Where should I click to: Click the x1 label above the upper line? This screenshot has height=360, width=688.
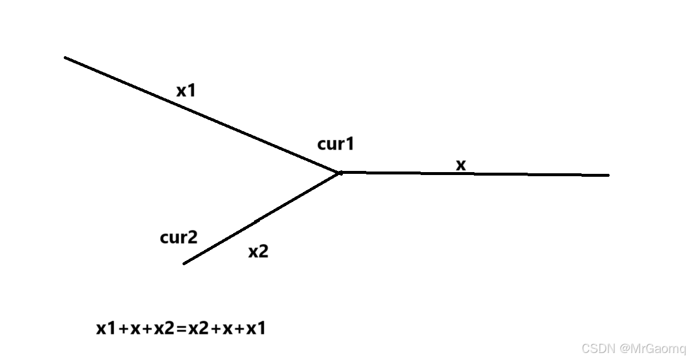click(186, 91)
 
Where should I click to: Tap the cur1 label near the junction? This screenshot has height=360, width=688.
click(336, 144)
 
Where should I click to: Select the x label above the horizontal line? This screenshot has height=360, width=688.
click(461, 166)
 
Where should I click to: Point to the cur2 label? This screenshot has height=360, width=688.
click(178, 238)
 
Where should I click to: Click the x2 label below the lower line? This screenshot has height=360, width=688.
click(258, 252)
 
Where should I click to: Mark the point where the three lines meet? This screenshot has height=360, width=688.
click(340, 173)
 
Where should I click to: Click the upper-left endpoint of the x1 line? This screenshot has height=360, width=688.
click(66, 57)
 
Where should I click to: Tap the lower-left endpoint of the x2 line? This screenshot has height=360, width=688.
click(184, 263)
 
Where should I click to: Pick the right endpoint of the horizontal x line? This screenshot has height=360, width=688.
click(608, 175)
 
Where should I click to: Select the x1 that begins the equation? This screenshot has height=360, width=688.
click(106, 329)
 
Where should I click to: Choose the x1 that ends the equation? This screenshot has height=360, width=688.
click(256, 329)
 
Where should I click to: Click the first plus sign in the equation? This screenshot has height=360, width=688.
click(123, 330)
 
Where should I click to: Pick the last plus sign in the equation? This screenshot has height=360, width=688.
click(239, 330)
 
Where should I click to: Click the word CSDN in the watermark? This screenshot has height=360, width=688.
click(597, 349)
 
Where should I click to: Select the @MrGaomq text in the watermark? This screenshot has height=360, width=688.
click(652, 349)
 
